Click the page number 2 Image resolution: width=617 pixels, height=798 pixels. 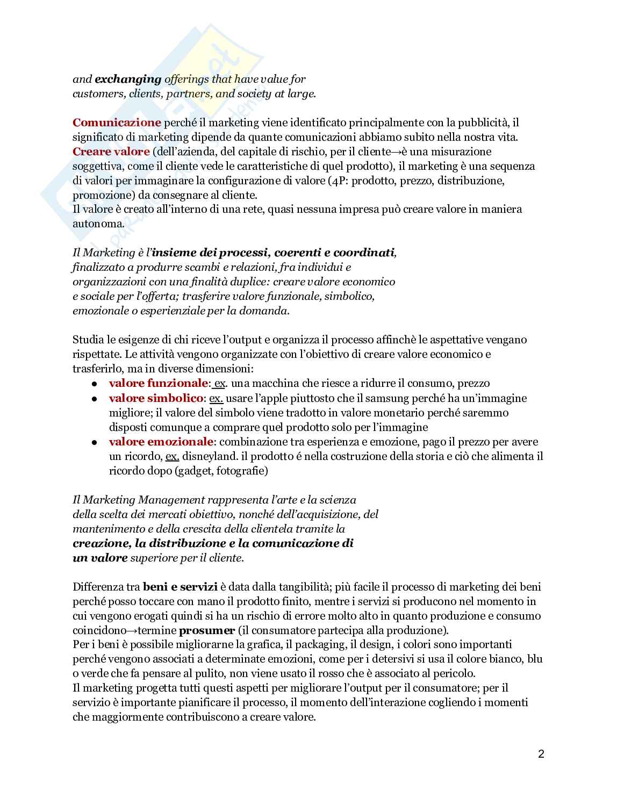pyautogui.click(x=541, y=754)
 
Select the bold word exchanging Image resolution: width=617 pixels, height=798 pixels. pyautogui.click(x=128, y=79)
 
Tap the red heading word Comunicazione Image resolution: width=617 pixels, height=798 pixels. pyautogui.click(x=117, y=123)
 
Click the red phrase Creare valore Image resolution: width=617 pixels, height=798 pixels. pyautogui.click(x=111, y=152)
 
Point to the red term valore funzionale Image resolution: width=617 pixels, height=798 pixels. pyautogui.click(x=158, y=383)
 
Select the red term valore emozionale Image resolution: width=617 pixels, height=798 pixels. pyautogui.click(x=161, y=442)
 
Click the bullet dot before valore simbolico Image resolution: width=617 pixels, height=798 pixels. pyautogui.click(x=94, y=399)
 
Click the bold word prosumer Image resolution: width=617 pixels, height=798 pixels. pyautogui.click(x=206, y=630)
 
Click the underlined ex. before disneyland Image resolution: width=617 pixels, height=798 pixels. pyautogui.click(x=172, y=456)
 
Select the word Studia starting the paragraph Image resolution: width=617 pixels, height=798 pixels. pyautogui.click(x=88, y=340)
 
